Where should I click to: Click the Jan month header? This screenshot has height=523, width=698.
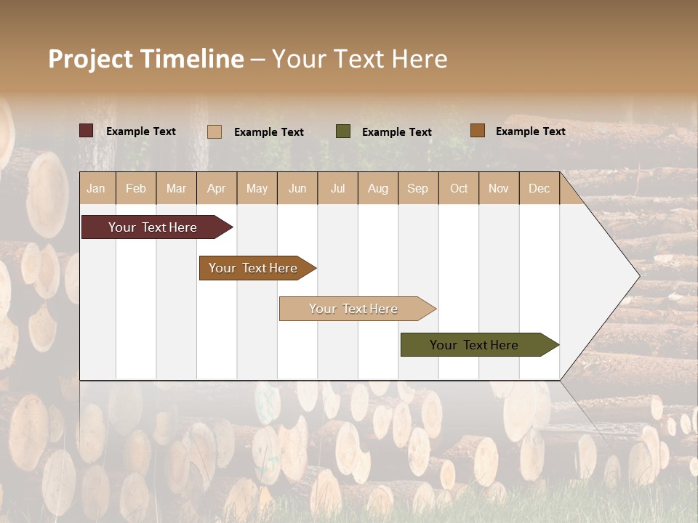(96, 188)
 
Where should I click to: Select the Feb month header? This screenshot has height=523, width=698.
(136, 188)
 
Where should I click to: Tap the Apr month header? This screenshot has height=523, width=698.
(217, 188)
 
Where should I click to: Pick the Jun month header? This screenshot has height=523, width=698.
(297, 188)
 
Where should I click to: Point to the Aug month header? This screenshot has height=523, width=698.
(378, 188)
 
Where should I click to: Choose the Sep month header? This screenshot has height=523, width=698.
(418, 188)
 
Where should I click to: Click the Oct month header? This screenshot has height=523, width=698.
(459, 188)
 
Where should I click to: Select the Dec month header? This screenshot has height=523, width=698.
(539, 188)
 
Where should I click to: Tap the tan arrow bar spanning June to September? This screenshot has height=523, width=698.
(355, 309)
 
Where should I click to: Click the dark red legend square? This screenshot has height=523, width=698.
(87, 131)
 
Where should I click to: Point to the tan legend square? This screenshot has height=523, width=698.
(214, 131)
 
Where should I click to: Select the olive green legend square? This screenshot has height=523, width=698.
(343, 131)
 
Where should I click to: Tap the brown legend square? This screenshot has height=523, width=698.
(477, 131)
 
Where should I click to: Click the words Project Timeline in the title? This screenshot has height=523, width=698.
(146, 59)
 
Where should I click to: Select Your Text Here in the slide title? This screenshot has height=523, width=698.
(360, 59)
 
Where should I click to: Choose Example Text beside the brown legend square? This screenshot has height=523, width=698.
(530, 131)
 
